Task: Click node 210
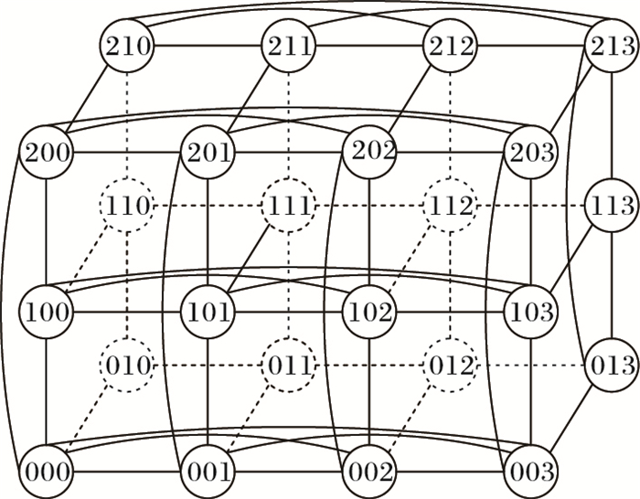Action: (x=128, y=45)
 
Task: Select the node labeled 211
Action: (x=289, y=45)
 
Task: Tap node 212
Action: (x=451, y=45)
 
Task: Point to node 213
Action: (x=612, y=45)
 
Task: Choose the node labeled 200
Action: (x=46, y=151)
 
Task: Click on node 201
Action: (x=208, y=151)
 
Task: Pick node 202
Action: (x=369, y=151)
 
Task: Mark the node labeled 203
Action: (x=531, y=151)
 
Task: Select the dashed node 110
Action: (x=128, y=205)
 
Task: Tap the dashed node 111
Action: (x=289, y=205)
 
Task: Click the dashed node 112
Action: (x=451, y=205)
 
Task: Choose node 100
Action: (x=46, y=313)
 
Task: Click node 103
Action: (x=531, y=313)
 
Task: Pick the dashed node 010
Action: (x=128, y=366)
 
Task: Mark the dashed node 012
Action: (x=451, y=366)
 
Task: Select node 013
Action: (x=612, y=366)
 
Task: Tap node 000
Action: (x=46, y=472)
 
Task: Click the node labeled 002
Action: (x=369, y=472)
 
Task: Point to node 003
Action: (x=531, y=472)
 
